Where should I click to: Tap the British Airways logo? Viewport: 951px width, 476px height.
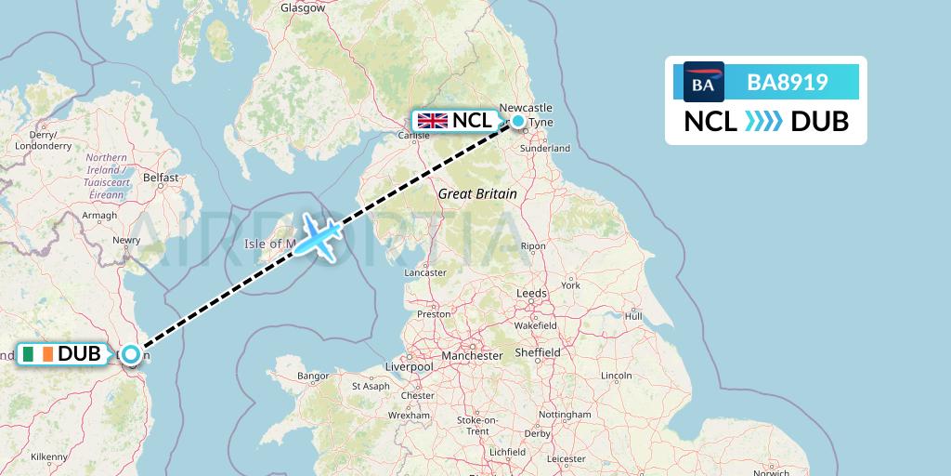point(703,83)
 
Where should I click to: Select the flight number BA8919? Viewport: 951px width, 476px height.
point(788,83)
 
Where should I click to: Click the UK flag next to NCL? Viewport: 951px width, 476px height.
point(431,120)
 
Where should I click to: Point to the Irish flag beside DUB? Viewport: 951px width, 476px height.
point(37,354)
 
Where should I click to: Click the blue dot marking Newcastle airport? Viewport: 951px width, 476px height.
point(517,121)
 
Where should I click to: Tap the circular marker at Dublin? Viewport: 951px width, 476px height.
point(131,354)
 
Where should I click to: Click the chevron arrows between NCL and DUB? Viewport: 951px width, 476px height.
point(763,122)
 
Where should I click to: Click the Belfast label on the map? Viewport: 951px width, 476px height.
point(160,177)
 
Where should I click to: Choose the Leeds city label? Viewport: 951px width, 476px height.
point(531,293)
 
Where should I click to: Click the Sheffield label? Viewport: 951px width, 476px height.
point(538,352)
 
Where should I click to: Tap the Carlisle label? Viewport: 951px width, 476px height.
point(413,136)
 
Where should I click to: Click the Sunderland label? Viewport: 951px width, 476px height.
point(546,148)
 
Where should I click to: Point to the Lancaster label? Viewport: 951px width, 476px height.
point(425,272)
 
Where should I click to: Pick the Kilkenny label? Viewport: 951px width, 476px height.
point(49,456)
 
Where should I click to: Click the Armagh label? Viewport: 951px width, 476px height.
point(99,215)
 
